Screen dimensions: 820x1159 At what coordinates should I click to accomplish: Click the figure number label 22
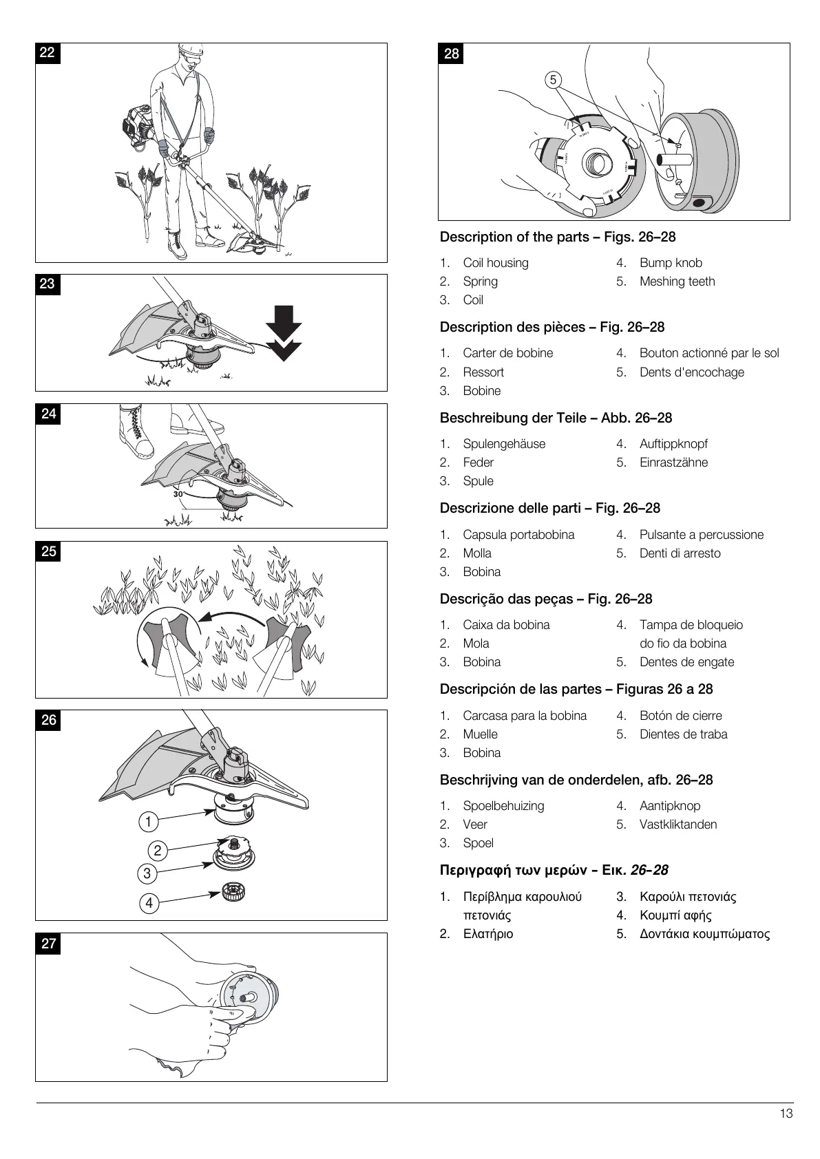pos(48,53)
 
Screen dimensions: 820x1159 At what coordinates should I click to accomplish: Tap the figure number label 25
pos(48,551)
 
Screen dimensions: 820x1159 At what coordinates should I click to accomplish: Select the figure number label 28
pos(451,54)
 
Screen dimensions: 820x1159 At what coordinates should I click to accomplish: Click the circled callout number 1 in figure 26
pos(148,821)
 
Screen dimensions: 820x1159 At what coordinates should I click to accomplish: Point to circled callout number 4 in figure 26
pos(149,903)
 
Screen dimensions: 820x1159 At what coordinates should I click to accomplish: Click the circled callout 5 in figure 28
pos(553,80)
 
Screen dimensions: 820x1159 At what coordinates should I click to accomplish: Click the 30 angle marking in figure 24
pos(178,494)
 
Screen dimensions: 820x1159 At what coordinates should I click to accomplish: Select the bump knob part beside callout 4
pos(233,894)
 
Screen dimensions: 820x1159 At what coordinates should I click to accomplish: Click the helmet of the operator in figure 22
pos(191,50)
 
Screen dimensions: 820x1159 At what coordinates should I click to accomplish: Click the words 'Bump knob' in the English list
pos(671,263)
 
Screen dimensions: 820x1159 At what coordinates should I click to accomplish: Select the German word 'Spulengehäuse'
pos(504,444)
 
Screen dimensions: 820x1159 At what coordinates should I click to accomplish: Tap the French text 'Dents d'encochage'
pos(691,372)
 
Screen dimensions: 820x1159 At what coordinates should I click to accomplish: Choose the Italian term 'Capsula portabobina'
pos(518,535)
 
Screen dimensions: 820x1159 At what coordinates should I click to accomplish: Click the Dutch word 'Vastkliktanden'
pos(678,825)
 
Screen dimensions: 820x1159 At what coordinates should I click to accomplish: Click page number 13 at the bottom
pos(786,1114)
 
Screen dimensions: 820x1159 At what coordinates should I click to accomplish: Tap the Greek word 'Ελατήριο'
pos(487,934)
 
